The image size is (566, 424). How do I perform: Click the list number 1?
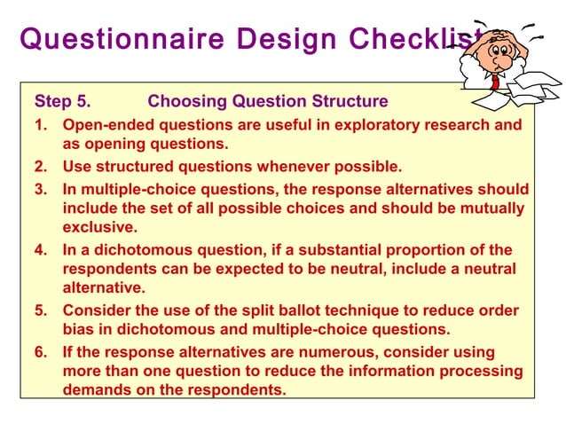[40, 125]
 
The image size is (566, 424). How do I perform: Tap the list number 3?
[40, 189]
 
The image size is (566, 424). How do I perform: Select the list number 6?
[40, 352]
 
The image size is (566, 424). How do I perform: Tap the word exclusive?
[98, 228]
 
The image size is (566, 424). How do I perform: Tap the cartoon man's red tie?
[493, 81]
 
